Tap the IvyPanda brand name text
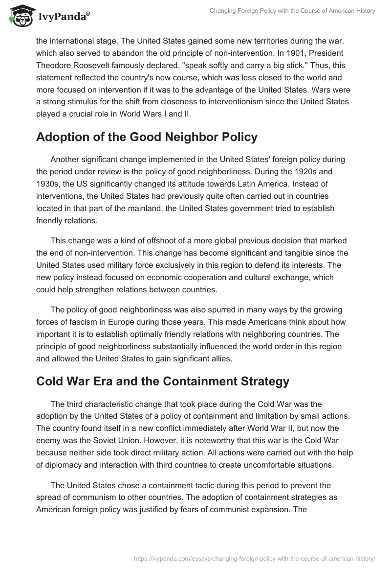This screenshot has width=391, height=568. [x=63, y=17]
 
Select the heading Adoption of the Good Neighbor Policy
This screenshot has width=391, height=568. [x=147, y=137]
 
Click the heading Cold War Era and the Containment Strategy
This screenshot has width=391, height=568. [x=163, y=381]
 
